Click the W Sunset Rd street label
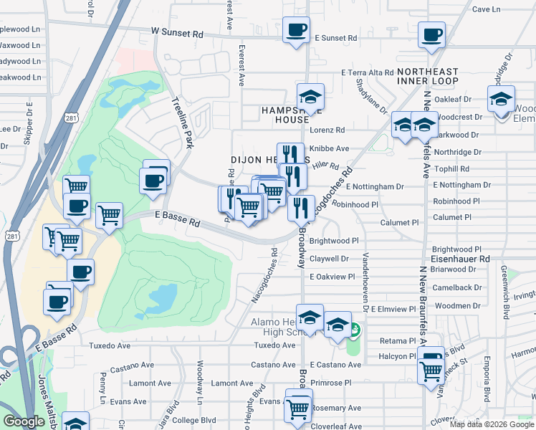(178, 33)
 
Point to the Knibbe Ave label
(329, 149)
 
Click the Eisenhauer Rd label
(460, 258)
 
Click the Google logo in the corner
(24, 421)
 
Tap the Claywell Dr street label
(330, 259)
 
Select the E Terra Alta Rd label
(368, 73)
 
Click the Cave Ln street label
(487, 9)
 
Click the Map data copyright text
(490, 424)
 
